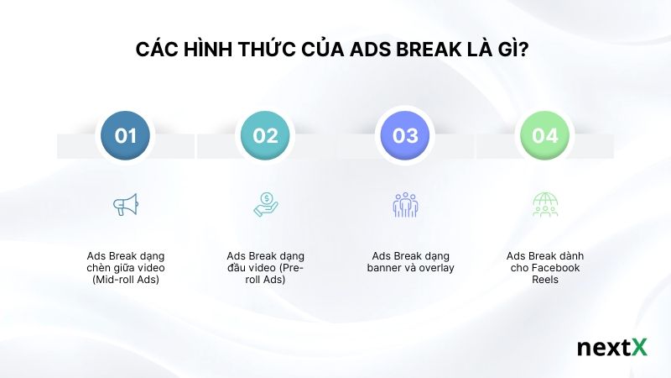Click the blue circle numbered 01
click(x=126, y=135)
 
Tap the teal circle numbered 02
click(x=265, y=135)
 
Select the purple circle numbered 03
click(x=405, y=135)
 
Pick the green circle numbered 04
click(x=544, y=135)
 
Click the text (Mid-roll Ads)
click(x=125, y=280)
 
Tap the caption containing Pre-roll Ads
click(x=265, y=267)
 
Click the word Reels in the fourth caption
click(x=544, y=280)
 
